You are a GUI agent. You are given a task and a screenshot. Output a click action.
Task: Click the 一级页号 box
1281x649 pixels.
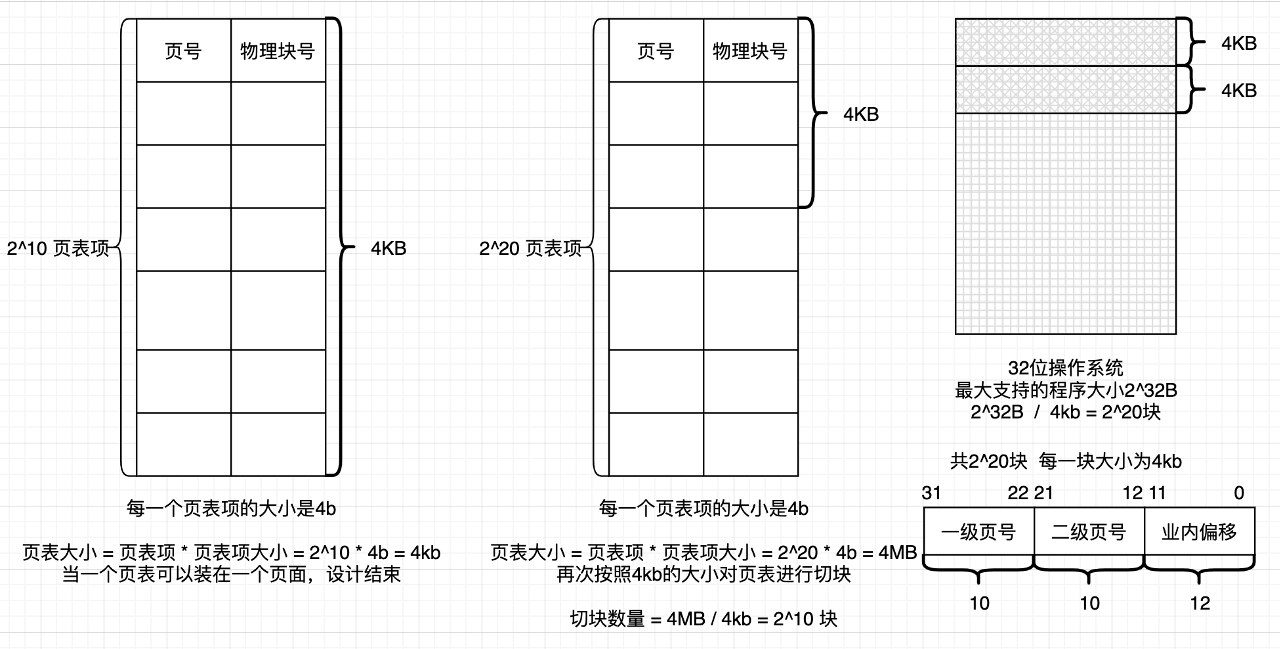tap(978, 531)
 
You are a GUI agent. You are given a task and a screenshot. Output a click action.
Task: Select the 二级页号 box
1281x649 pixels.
tap(1089, 531)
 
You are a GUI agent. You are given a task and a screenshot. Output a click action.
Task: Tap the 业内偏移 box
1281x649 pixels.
tap(1199, 531)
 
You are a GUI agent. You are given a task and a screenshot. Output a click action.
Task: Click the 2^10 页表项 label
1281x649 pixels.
tap(58, 248)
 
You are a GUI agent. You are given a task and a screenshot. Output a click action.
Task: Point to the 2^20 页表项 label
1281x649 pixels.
tap(530, 248)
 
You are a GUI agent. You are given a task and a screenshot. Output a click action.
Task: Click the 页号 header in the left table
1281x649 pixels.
tap(183, 51)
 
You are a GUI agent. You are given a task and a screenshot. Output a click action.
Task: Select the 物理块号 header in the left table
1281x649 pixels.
tap(278, 51)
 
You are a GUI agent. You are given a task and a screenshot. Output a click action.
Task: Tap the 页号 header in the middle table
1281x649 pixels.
tap(656, 51)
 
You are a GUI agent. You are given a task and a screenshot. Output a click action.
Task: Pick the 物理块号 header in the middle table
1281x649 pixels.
tap(750, 51)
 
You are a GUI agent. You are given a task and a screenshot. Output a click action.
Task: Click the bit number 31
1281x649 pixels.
tap(932, 493)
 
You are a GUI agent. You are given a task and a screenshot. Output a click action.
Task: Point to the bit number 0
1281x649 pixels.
tap(1239, 493)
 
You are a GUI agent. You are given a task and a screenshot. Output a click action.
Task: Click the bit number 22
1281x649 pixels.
tap(1018, 493)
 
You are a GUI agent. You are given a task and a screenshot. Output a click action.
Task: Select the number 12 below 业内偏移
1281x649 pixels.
tap(1200, 603)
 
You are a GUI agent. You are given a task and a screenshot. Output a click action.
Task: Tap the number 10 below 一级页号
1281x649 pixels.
tap(979, 603)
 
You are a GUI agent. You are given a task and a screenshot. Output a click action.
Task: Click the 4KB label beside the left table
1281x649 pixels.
tap(388, 248)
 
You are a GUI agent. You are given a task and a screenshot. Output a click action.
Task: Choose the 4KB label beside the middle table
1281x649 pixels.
tap(861, 114)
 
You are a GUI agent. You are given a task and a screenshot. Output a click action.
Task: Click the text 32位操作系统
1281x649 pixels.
tap(1066, 368)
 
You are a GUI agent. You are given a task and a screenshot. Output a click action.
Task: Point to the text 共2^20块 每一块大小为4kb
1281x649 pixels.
tap(1066, 461)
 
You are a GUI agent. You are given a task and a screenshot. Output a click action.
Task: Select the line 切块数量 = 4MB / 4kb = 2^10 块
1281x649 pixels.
tap(703, 619)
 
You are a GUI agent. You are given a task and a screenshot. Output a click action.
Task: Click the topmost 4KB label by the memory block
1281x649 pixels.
tap(1239, 43)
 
